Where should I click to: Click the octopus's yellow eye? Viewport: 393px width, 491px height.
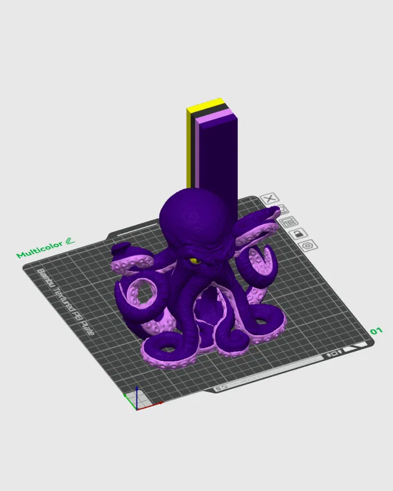click(x=194, y=261)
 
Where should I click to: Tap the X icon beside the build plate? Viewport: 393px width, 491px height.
click(x=271, y=198)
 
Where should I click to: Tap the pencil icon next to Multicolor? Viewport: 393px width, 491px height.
click(x=70, y=241)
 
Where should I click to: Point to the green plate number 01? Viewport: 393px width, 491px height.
click(x=376, y=331)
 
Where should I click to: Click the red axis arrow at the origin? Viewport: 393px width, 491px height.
click(x=152, y=404)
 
